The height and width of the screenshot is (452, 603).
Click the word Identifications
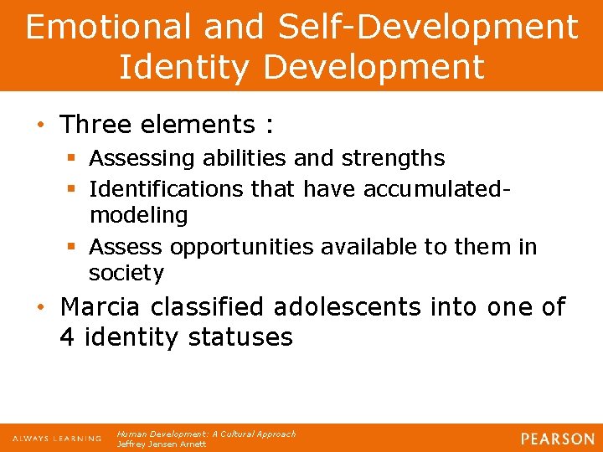[167, 189]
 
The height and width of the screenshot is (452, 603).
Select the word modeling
[138, 215]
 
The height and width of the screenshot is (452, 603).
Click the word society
[126, 273]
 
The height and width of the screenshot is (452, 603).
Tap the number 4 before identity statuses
[67, 337]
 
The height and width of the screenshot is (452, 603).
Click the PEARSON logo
[556, 439]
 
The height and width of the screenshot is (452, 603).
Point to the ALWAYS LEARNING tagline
[56, 439]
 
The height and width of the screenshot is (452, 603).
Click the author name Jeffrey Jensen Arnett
[162, 444]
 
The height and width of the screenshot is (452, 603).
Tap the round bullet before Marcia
[40, 307]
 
